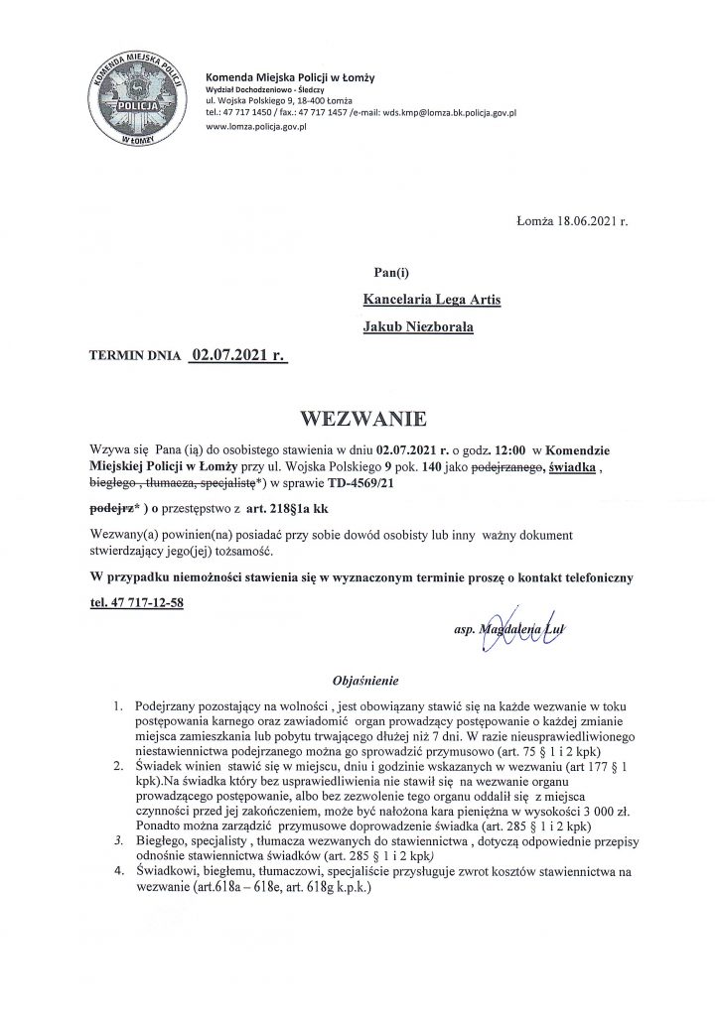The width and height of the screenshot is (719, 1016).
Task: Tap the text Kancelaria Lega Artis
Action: tap(432, 297)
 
